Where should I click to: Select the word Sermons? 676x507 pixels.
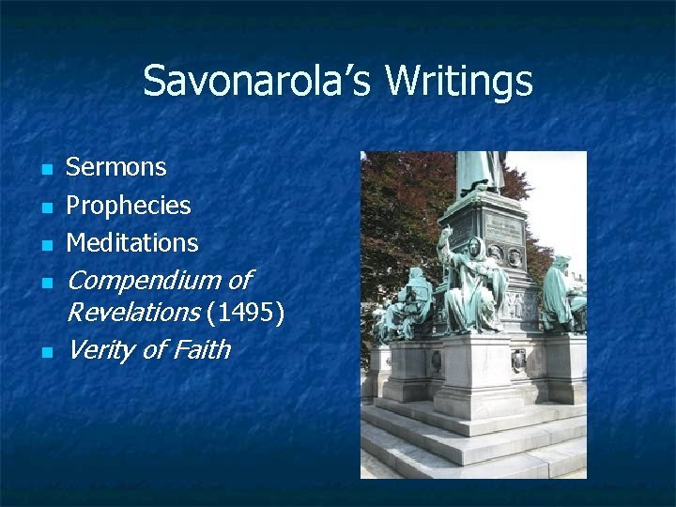pyautogui.click(x=115, y=168)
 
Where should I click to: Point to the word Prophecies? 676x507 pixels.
pyautogui.click(x=128, y=206)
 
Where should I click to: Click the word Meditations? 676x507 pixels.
pyautogui.click(x=132, y=243)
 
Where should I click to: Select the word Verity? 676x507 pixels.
pyautogui.click(x=100, y=350)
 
